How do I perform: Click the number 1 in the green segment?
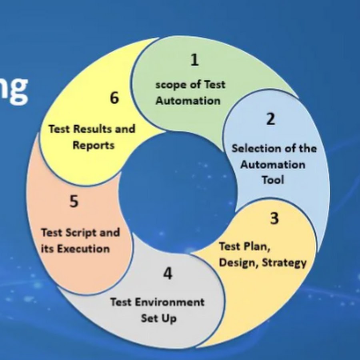[195, 60]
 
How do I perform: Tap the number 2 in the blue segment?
[270, 119]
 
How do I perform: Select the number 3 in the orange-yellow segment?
[274, 218]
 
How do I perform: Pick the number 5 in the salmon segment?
[74, 201]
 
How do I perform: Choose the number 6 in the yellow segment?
[114, 98]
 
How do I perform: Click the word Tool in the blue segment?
[273, 180]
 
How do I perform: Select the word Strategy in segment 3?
[284, 263]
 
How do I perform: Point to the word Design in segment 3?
[239, 263]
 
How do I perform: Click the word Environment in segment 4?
[170, 302]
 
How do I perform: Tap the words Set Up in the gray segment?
[159, 318]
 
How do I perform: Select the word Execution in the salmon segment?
[83, 249]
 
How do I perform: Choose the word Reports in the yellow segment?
[94, 146]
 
